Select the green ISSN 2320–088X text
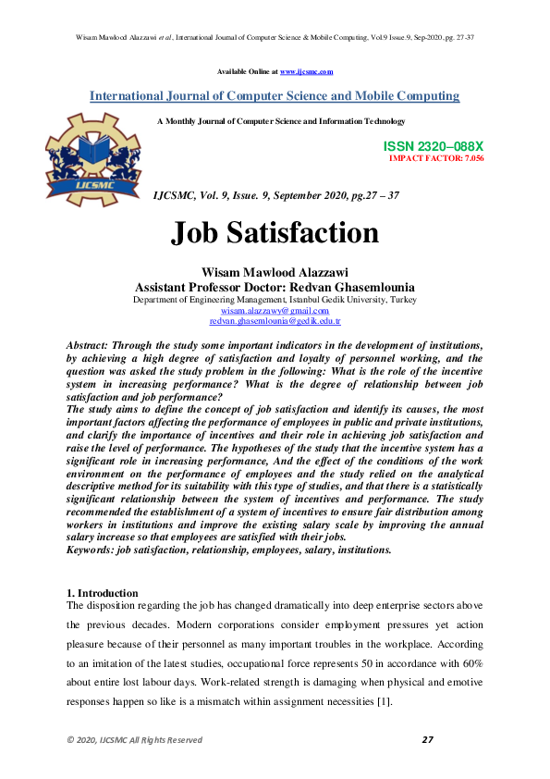(433, 147)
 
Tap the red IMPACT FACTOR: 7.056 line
(436, 158)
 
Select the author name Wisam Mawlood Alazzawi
(275, 272)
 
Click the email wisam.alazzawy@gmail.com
(275, 311)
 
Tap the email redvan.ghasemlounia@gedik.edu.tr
(275, 321)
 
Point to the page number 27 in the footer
(427, 739)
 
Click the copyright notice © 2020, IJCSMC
(134, 740)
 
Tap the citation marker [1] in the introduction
(384, 701)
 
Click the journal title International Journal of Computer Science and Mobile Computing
(275, 96)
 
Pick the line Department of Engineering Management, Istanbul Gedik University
(275, 300)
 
